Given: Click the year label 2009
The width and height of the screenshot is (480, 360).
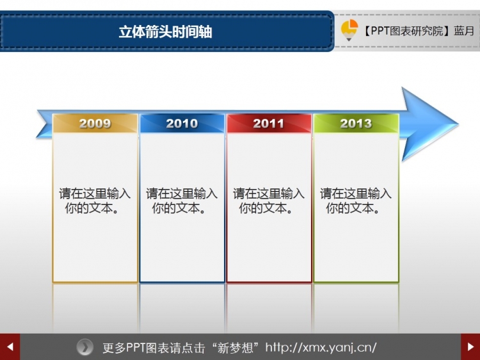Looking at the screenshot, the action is point(95,123).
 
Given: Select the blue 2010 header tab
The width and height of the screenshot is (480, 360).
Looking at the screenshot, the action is point(182,123).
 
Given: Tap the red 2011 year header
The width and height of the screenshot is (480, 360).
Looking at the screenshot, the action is point(269,123).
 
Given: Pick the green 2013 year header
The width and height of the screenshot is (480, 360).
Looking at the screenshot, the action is point(356,123).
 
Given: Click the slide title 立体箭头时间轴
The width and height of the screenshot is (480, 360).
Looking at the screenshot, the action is point(165,31).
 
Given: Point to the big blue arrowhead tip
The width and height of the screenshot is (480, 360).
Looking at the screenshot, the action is point(458,124).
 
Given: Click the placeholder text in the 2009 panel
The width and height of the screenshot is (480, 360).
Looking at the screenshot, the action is point(95,200).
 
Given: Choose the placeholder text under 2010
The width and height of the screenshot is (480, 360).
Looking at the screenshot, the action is point(182,200).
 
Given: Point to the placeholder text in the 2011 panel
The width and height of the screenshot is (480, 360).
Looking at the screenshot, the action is point(269,200).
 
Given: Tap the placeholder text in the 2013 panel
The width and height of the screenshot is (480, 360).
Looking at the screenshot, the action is point(356,200).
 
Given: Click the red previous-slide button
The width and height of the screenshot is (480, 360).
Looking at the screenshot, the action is point(10,347).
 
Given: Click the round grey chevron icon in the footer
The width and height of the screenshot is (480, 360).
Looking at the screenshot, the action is point(84,347).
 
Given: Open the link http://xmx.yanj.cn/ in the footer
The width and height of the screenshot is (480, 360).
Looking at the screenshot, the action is point(321,348).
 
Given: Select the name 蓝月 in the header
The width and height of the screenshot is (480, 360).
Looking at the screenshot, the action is point(464,31).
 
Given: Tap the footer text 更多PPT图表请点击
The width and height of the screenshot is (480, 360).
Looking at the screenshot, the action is point(154,348).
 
